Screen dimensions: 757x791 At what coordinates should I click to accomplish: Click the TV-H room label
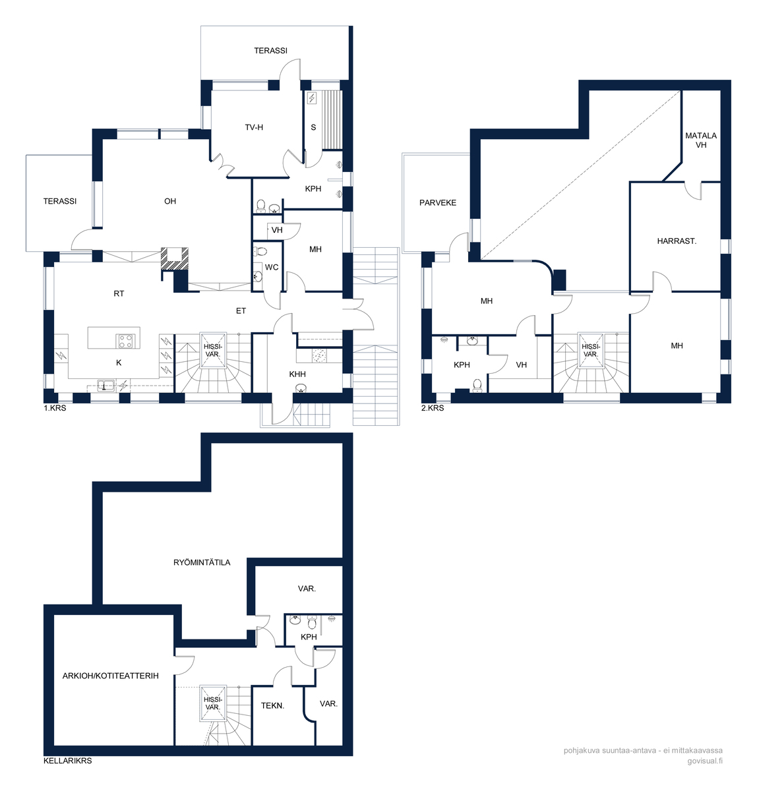(254, 128)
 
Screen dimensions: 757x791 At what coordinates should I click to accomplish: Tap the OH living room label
(170, 201)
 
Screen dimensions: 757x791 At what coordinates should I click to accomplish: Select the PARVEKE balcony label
(437, 203)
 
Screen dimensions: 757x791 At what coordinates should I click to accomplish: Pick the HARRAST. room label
(677, 241)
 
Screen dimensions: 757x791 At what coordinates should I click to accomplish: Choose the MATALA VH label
(701, 140)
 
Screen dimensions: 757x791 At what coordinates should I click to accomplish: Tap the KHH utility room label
(297, 374)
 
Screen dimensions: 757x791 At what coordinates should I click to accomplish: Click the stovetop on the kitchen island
(125, 341)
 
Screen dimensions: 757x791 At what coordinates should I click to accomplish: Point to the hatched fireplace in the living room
(175, 259)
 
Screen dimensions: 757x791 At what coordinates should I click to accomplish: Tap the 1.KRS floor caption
(55, 408)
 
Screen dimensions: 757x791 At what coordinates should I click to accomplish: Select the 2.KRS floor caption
(433, 408)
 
